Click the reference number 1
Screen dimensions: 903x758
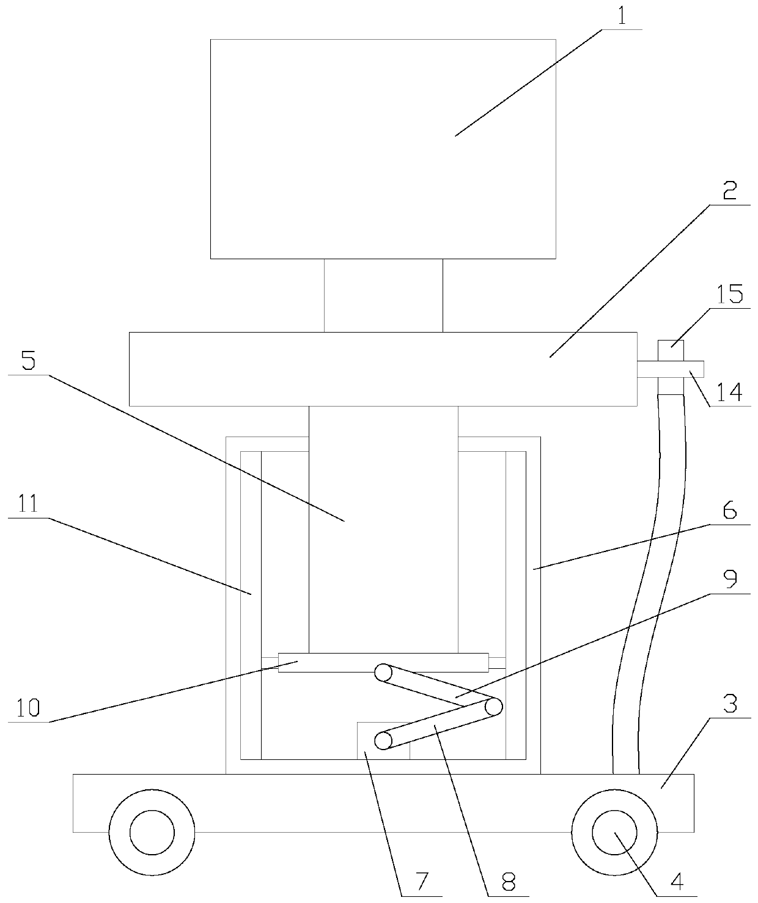[x=622, y=16]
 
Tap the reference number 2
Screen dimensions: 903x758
[x=729, y=192]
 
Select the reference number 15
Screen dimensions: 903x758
[x=730, y=295]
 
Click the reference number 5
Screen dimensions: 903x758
[x=28, y=361]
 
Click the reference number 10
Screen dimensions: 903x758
[x=28, y=708]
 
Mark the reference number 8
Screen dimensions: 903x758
[x=508, y=882]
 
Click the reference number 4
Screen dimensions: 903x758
[x=675, y=882]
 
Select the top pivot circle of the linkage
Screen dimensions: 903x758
[x=383, y=673]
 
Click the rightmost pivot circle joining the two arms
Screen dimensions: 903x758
[x=494, y=707]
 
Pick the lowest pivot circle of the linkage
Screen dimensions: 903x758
[x=383, y=741]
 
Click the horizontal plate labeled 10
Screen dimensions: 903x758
[x=330, y=662]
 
